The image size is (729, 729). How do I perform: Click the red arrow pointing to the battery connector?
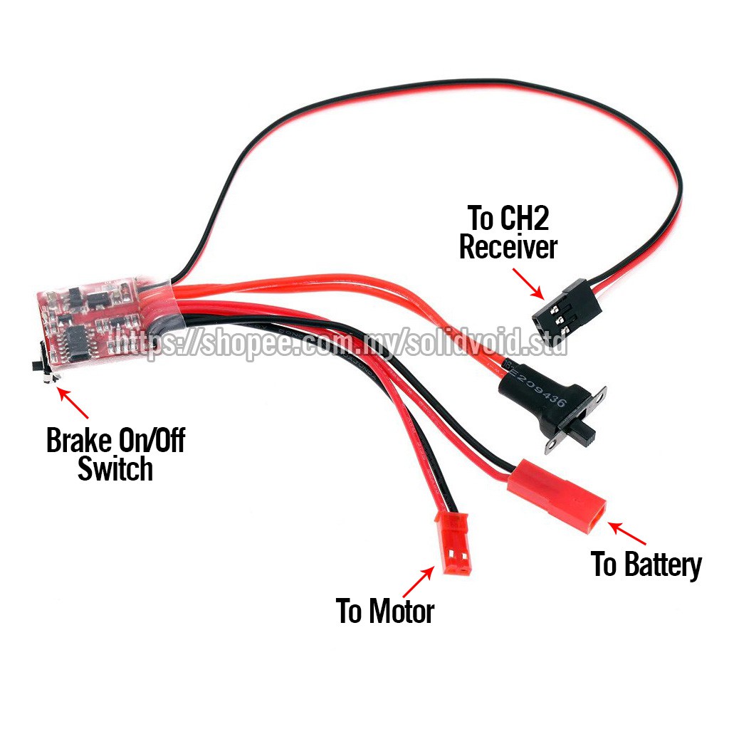coord(626,533)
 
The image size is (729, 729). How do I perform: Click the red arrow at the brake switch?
coord(73,402)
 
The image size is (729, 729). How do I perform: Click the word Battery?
coord(663,565)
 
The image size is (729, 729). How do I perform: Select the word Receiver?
coord(508,248)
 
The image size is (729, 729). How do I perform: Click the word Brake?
coord(78,441)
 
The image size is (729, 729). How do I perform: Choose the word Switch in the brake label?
coord(115,470)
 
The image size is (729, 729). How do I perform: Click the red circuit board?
coord(100,320)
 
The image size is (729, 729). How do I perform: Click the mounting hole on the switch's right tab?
coord(602,393)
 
